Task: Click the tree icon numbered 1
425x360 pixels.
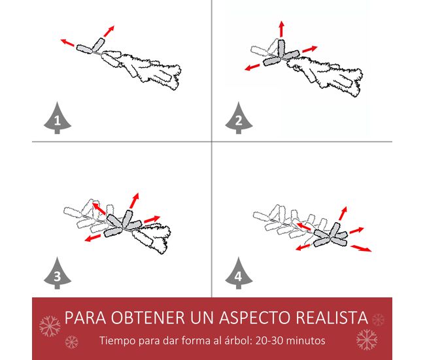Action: click(58, 118)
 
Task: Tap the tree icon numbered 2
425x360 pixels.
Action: click(239, 118)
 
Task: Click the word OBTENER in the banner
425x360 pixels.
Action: click(148, 318)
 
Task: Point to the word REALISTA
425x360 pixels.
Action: click(331, 318)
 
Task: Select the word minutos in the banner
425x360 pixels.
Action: click(306, 340)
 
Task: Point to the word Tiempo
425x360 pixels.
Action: click(118, 340)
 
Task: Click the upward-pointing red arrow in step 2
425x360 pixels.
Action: click(282, 29)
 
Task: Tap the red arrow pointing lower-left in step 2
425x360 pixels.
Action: click(252, 67)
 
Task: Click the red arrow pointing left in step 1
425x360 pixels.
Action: click(67, 42)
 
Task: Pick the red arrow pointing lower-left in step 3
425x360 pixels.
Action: click(92, 238)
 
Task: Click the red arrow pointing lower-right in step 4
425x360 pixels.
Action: click(361, 248)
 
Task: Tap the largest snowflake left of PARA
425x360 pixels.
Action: click(50, 326)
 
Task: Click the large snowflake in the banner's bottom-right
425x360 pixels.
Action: click(367, 339)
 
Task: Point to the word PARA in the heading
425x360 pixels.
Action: click(85, 318)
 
